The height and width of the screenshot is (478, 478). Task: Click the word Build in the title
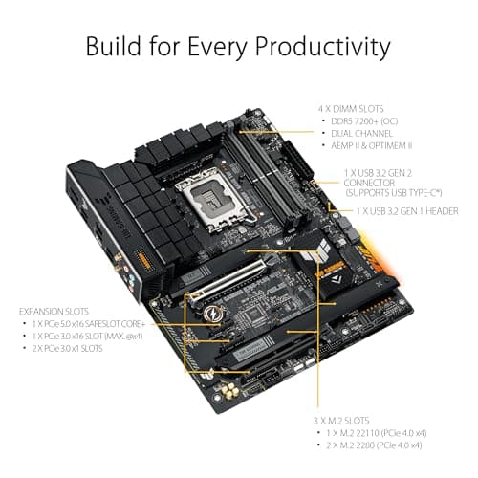click(112, 47)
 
